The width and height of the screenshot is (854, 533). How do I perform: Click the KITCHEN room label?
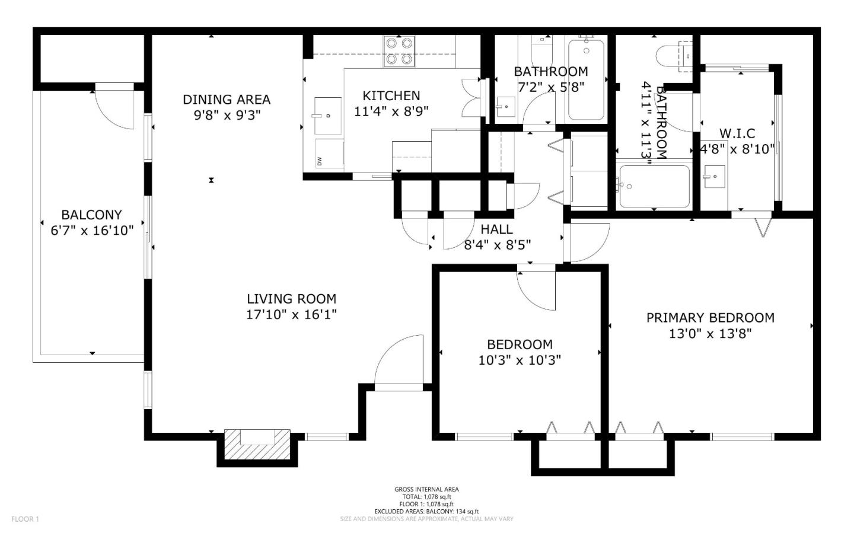click(x=391, y=95)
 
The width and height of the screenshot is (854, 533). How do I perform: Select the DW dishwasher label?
click(x=320, y=161)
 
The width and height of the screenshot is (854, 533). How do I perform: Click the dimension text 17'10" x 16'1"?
click(x=291, y=315)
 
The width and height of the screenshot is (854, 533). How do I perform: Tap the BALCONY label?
click(x=91, y=215)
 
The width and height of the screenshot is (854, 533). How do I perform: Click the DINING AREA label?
click(x=226, y=100)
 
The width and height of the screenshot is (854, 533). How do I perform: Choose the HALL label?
click(x=496, y=229)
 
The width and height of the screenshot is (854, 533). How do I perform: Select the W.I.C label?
click(x=737, y=133)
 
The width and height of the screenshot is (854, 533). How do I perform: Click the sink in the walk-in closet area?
click(x=714, y=177)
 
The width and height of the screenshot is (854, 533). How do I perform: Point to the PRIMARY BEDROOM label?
click(x=710, y=318)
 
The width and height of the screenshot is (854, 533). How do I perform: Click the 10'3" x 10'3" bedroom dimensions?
click(x=520, y=360)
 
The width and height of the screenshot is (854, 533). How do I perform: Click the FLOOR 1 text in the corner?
click(x=25, y=519)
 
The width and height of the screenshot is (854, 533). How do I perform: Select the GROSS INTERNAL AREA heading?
click(x=426, y=489)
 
